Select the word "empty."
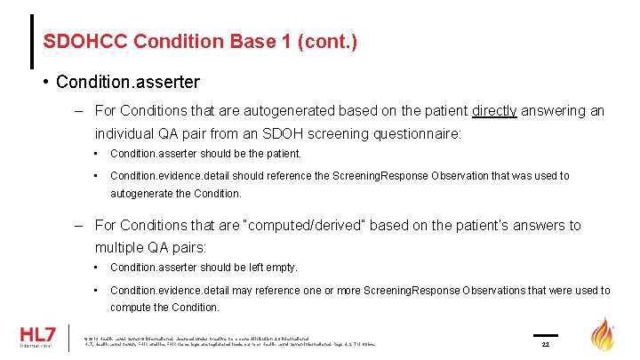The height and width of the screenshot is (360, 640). pyautogui.click(x=277, y=268)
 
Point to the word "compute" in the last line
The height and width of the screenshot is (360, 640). pyautogui.click(x=131, y=308)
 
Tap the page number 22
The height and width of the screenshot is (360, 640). pyautogui.click(x=546, y=344)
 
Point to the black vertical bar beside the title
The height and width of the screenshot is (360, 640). pyautogui.click(x=32, y=41)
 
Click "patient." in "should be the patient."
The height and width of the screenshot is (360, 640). pyautogui.click(x=283, y=154)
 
